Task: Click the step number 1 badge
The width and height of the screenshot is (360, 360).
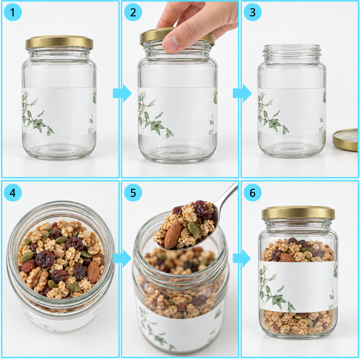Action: coord(13,12)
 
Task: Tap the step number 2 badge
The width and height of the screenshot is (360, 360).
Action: coord(133,12)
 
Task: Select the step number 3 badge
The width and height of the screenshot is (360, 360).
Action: coord(252,12)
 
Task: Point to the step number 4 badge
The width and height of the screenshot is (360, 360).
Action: coord(13,193)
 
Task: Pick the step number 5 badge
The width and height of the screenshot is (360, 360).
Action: coord(133,193)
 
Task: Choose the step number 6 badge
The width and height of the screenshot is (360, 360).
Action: coord(252,193)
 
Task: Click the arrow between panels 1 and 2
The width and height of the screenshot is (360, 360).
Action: coord(122,93)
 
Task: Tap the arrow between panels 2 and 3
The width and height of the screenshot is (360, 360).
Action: coord(242,93)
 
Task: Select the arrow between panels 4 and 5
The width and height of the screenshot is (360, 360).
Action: coord(122,258)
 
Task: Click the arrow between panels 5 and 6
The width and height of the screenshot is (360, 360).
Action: coord(242,258)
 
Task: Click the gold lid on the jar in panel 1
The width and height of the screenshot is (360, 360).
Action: coord(59,43)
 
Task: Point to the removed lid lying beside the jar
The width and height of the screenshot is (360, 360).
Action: coord(346,140)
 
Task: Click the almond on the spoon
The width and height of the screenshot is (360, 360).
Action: coord(172,236)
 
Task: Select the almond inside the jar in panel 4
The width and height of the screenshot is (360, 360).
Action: coord(93,271)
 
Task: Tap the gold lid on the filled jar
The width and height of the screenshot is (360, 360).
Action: coord(298,213)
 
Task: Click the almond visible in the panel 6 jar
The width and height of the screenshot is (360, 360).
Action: coord(287,257)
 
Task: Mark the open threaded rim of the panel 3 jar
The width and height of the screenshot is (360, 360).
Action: coord(292,54)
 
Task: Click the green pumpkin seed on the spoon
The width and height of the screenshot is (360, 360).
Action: coord(194,229)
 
